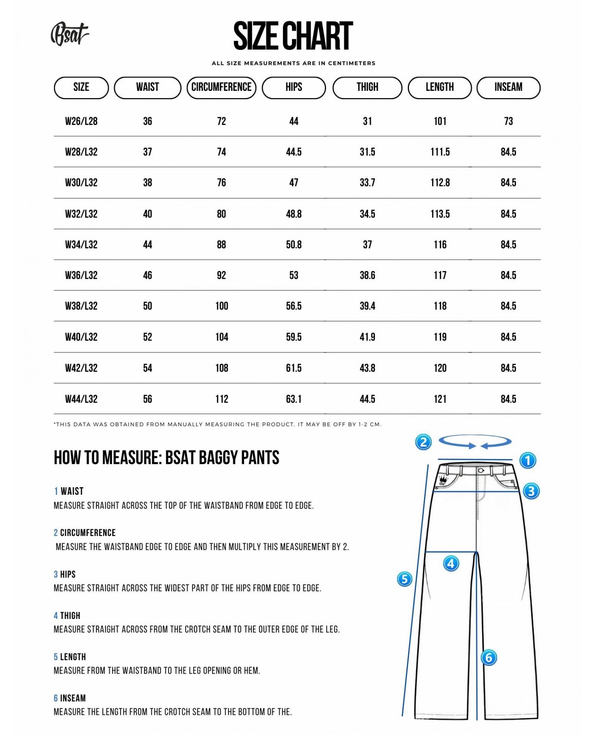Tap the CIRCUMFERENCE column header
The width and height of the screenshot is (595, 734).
point(221,87)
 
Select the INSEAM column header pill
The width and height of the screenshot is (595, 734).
point(508,87)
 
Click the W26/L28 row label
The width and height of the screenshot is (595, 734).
point(81,121)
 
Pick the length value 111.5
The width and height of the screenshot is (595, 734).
point(440,152)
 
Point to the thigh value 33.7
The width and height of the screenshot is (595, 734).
point(367,183)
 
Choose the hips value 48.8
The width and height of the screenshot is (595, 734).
point(294,214)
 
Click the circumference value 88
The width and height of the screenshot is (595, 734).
point(221,245)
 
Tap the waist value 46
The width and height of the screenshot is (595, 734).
point(148,275)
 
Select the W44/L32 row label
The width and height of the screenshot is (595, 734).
point(81,399)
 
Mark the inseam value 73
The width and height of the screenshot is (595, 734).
point(508,121)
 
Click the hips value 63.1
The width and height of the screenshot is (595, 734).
point(294,399)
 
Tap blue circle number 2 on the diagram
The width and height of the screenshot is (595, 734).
point(423,442)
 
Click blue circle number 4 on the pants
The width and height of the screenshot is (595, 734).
point(451,563)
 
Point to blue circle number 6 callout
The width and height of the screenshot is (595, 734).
point(489,658)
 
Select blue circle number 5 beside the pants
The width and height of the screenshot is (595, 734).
point(405,579)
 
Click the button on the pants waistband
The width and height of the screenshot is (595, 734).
point(481,471)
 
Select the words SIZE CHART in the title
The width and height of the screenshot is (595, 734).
point(293,37)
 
